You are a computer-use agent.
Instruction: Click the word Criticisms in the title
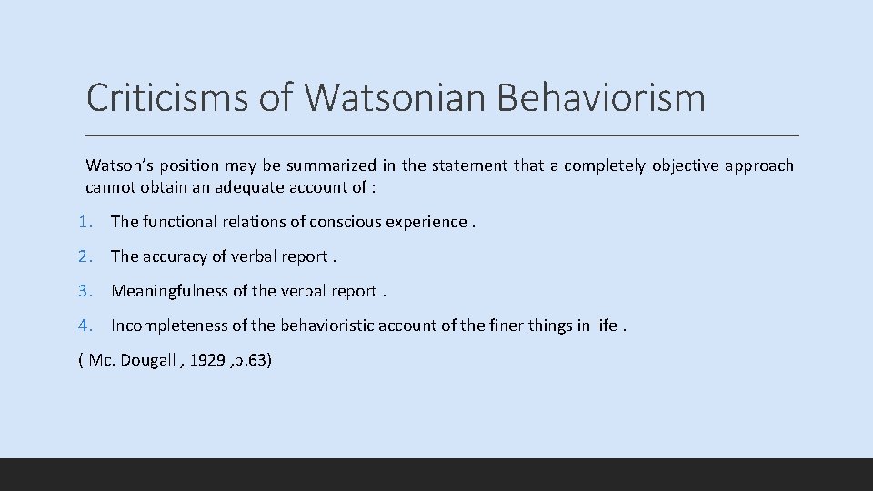[166, 97]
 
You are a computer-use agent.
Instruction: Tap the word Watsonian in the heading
[390, 97]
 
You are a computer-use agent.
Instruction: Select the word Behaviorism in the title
[601, 97]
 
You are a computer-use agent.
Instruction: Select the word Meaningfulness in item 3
[169, 291]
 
